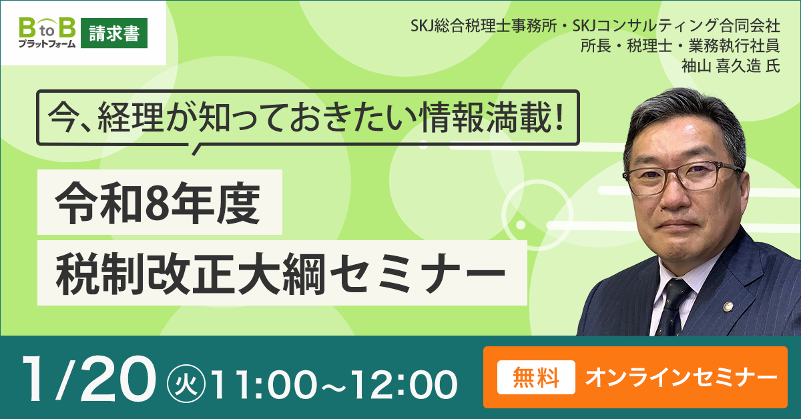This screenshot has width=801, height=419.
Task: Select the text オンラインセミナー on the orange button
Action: click(681, 378)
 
